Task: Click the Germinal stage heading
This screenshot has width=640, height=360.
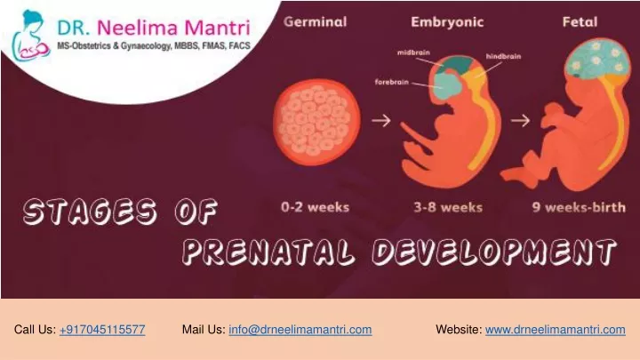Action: point(315,21)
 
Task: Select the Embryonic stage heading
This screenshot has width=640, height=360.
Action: point(447,22)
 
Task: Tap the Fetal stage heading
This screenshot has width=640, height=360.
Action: point(580,21)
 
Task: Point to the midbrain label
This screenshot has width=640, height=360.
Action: point(413,52)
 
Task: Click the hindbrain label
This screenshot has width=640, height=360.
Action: point(503,56)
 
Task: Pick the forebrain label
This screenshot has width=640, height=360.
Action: point(391,82)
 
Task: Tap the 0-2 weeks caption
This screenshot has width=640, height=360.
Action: point(315,207)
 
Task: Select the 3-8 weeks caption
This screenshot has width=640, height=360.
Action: point(448,207)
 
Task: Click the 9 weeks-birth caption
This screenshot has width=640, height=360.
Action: point(579,207)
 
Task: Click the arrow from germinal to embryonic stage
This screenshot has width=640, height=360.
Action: point(381,120)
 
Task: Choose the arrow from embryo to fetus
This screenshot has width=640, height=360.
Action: point(520,120)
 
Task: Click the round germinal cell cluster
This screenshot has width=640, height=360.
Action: point(316,122)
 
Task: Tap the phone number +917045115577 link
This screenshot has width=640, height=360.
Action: point(102,330)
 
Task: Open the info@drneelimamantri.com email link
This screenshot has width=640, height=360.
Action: point(300,330)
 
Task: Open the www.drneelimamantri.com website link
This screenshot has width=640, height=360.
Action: point(555,330)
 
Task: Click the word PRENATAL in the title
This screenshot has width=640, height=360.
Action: point(268,251)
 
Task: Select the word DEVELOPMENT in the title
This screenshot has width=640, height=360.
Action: point(494,251)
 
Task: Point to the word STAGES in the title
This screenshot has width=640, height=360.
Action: point(90,211)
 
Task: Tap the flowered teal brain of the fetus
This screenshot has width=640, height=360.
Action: point(596,59)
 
